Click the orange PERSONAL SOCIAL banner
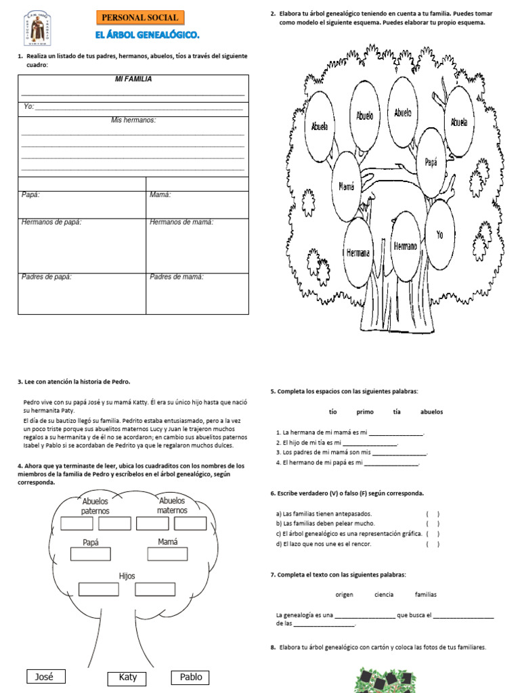(x=140, y=18)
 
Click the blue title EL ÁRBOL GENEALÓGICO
(x=148, y=35)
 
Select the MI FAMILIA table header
(x=133, y=79)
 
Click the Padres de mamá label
(x=177, y=276)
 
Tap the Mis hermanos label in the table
(x=133, y=120)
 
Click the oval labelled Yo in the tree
(x=439, y=235)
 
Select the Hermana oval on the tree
(x=358, y=252)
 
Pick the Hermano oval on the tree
(x=406, y=246)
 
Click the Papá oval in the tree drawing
(x=431, y=162)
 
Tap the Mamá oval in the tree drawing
(x=346, y=186)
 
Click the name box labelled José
(x=44, y=676)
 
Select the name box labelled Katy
(x=127, y=677)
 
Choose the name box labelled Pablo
(x=191, y=677)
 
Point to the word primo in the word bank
(x=365, y=411)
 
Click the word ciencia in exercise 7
(x=384, y=594)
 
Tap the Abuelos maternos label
(x=172, y=506)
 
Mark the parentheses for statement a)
(x=433, y=514)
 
